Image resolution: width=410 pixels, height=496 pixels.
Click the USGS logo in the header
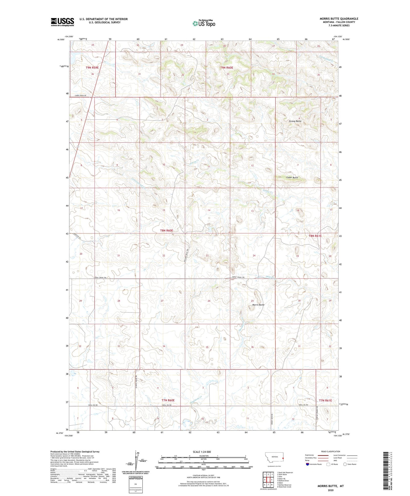pyautogui.click(x=62, y=22)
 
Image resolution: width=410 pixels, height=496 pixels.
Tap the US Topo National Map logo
pyautogui.click(x=204, y=23)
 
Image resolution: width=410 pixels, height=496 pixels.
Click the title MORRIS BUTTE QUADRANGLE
pyautogui.click(x=339, y=19)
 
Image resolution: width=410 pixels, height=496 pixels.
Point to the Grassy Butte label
pyautogui.click(x=295, y=121)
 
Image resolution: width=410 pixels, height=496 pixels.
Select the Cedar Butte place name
pyautogui.click(x=292, y=178)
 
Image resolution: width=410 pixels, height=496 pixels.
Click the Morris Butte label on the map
pyautogui.click(x=258, y=305)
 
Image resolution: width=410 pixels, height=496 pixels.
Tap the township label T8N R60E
pyautogui.click(x=167, y=231)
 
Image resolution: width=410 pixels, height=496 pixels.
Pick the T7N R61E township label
pyautogui.click(x=325, y=401)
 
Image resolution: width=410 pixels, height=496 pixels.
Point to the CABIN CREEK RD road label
pyautogui.click(x=82, y=95)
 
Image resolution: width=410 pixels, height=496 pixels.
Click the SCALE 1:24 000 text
pyautogui.click(x=202, y=452)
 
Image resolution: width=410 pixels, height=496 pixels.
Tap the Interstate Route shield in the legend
pyautogui.click(x=308, y=464)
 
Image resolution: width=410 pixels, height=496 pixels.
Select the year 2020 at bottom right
pyautogui.click(x=331, y=490)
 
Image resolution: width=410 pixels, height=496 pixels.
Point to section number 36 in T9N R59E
pyautogui.click(x=92, y=74)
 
